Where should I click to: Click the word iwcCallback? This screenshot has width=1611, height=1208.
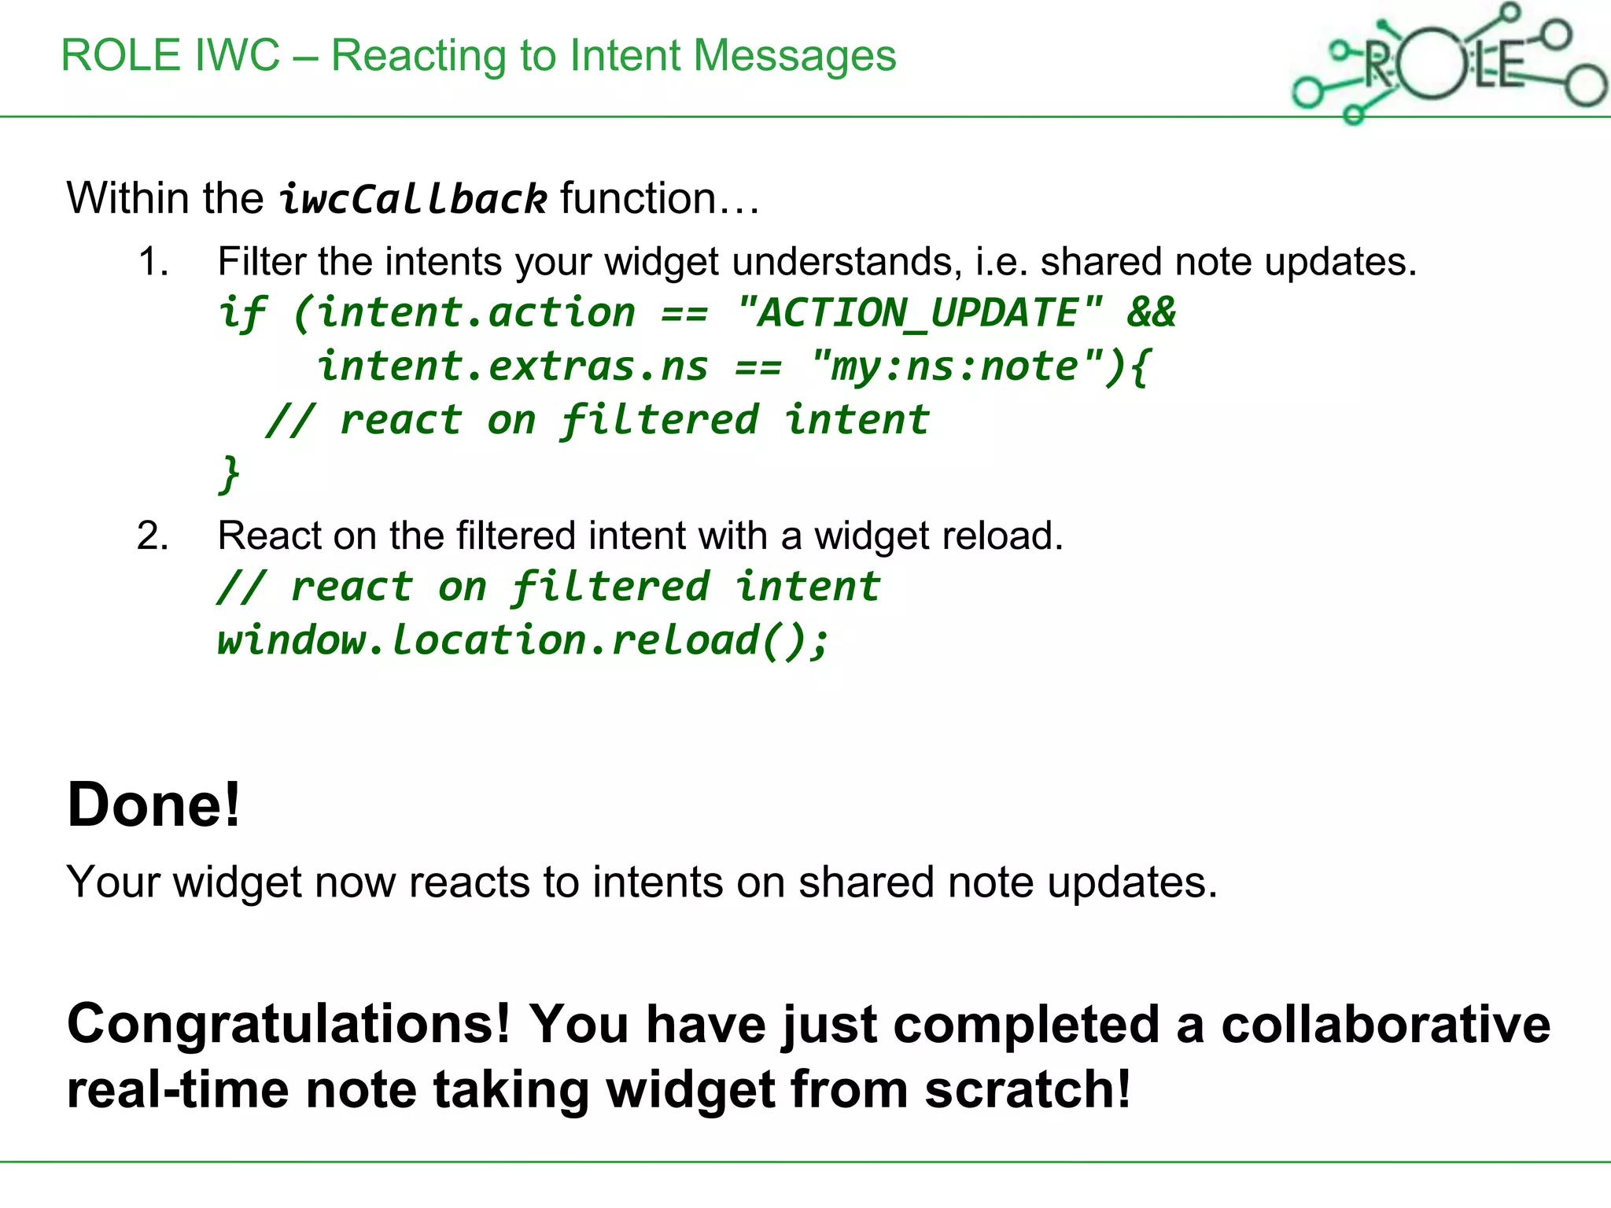tap(412, 198)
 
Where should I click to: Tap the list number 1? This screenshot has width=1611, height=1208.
tap(153, 262)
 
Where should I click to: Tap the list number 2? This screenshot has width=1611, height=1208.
tap(153, 536)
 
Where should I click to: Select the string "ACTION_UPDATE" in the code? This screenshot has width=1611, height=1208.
tap(919, 313)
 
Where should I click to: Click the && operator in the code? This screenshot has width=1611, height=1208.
tap(1151, 313)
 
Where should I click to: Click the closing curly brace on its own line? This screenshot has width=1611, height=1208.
tap(229, 474)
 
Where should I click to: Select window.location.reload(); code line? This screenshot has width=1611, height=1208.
tap(522, 639)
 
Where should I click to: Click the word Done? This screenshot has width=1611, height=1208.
tap(153, 805)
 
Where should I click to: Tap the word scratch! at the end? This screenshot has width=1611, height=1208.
tap(1027, 1090)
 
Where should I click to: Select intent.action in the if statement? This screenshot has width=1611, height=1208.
tap(475, 313)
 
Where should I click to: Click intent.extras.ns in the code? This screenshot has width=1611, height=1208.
tap(512, 366)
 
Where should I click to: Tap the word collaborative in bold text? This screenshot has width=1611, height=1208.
tap(1385, 1025)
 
